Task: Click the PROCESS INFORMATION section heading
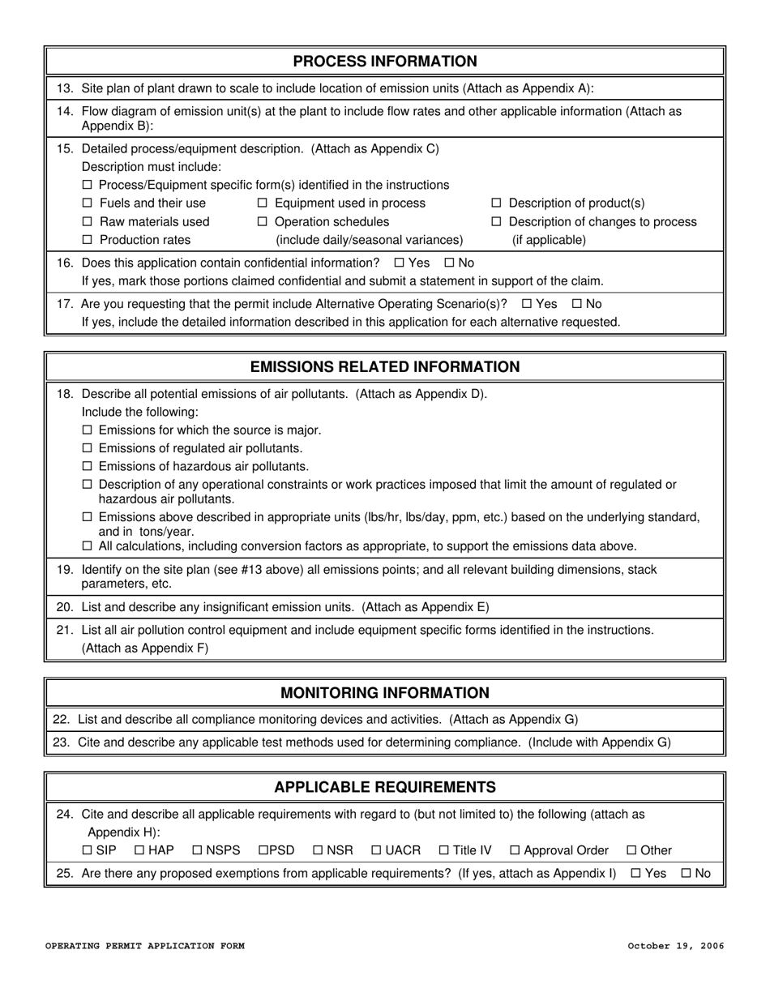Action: pos(384,62)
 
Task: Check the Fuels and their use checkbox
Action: pos(88,203)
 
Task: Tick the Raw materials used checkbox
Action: pos(88,222)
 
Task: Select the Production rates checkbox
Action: pos(88,241)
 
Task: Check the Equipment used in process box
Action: pos(263,203)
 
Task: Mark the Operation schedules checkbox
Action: pos(263,222)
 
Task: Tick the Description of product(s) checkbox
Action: pos(497,203)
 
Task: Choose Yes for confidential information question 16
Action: pos(400,263)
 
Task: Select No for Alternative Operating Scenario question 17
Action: pos(578,304)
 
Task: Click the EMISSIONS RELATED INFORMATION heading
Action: pos(384,367)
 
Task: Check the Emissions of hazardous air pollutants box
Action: pos(88,467)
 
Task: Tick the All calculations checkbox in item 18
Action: pos(88,547)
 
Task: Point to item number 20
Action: pos(65,607)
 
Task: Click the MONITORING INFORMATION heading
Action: pos(384,693)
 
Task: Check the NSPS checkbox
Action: pos(197,851)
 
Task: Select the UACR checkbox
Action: pos(376,851)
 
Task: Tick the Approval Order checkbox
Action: pos(515,851)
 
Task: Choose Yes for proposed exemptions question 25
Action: pos(635,874)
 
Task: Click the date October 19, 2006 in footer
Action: pos(675,946)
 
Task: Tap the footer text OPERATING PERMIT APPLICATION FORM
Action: pos(144,946)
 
